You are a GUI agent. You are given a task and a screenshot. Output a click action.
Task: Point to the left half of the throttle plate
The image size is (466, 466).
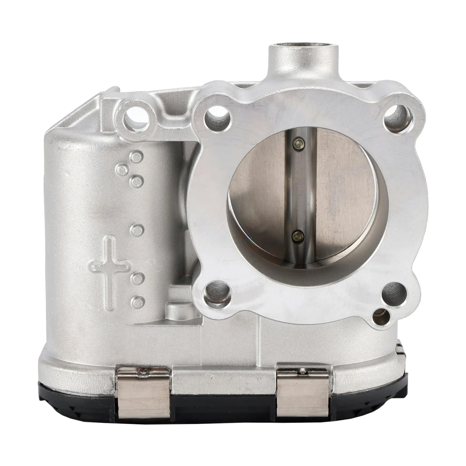click(262, 186)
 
